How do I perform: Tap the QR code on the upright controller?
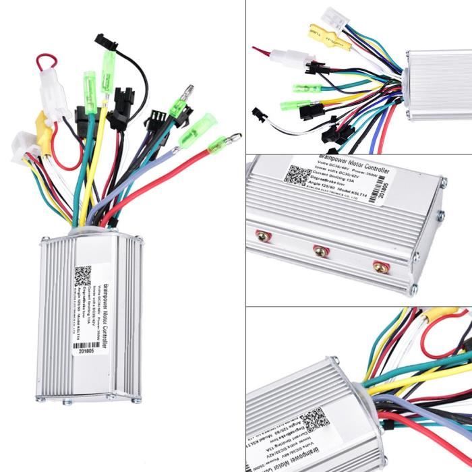83,276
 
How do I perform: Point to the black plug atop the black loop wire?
107,41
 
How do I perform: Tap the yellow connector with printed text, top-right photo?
329,36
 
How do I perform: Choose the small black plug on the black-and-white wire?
260,114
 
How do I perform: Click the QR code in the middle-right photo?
297,174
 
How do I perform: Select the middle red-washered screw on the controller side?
321,251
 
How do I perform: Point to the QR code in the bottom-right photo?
315,419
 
